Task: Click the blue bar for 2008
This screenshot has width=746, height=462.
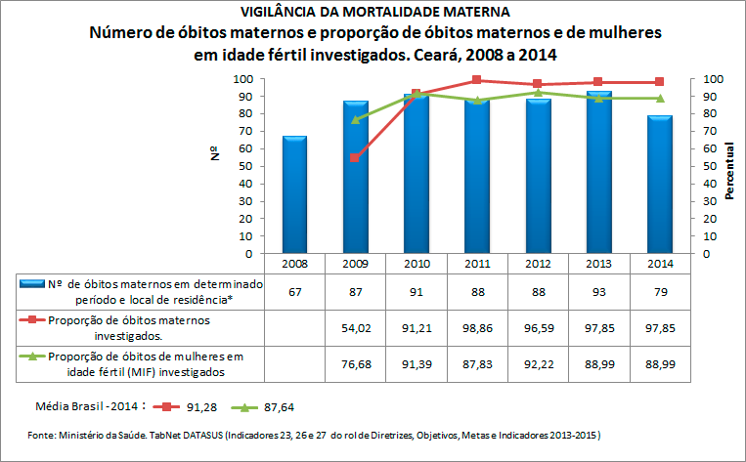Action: (294, 195)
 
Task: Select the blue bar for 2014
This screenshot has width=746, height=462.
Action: (659, 186)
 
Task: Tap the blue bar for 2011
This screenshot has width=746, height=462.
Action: (476, 177)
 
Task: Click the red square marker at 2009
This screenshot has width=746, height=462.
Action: (355, 158)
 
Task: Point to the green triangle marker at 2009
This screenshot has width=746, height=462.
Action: (355, 119)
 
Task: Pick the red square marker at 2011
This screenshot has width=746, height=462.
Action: (476, 80)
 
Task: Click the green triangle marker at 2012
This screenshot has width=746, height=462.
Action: (538, 93)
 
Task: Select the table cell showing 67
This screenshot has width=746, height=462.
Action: (294, 291)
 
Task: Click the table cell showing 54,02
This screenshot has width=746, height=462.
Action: (355, 327)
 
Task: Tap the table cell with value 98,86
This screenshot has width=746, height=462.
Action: (476, 327)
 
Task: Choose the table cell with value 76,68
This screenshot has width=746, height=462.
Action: (355, 363)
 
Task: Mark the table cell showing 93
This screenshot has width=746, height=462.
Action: (598, 291)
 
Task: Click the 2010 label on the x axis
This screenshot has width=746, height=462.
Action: (416, 264)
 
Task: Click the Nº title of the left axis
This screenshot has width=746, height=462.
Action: (213, 153)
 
